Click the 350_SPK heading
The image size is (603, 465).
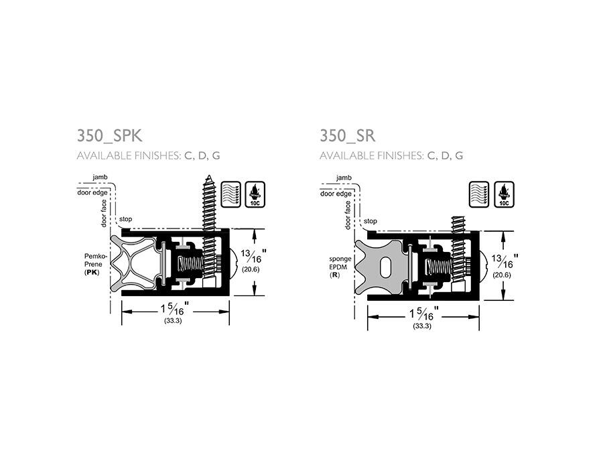pos(110,136)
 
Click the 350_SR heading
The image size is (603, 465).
pos(347,136)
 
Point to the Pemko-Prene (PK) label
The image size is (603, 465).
pos(92,265)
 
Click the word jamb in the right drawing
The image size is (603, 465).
pos(344,178)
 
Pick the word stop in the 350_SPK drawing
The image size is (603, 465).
pos(125,220)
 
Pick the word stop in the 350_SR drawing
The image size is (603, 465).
pos(371,221)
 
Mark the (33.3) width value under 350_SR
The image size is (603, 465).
pos(422,326)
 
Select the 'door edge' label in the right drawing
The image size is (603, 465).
pos(336,194)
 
